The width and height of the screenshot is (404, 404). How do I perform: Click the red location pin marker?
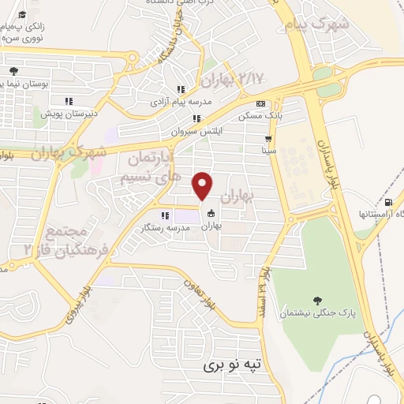pos(203,185)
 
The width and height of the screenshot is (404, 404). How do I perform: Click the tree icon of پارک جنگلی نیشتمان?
pos(317,301)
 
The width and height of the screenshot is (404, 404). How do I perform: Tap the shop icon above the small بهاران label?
pos(211,213)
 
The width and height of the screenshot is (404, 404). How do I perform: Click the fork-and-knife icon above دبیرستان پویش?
pos(69,100)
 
